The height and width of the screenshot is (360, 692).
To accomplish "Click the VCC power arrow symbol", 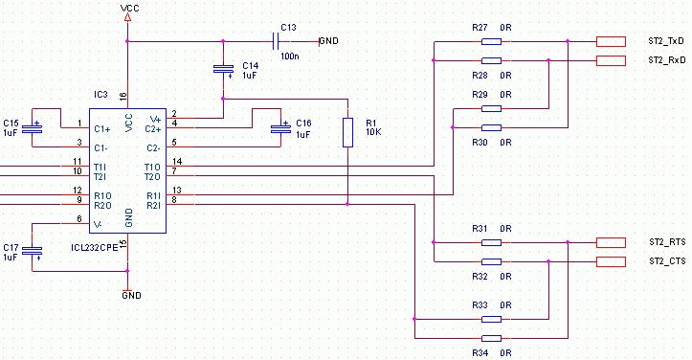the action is point(127,17).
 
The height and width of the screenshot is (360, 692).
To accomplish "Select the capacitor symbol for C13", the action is point(276,41).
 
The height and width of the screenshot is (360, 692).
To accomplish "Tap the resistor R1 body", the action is point(347,132).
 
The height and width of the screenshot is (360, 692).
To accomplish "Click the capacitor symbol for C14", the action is point(223,69).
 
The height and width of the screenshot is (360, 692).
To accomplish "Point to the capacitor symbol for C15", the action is point(33,128).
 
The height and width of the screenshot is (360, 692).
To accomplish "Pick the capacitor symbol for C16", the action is point(281,128).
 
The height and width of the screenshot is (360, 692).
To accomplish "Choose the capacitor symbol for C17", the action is point(33,252).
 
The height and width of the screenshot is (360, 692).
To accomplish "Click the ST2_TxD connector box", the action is point(611,41).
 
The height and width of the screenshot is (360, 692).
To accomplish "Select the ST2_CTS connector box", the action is point(611,261).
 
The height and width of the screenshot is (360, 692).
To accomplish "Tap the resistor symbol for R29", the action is point(491,108).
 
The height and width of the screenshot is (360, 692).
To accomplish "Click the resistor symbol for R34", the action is point(491,338).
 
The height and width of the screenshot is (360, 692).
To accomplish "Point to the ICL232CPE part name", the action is point(95,248).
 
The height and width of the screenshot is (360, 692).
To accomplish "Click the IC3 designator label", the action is point(100,95).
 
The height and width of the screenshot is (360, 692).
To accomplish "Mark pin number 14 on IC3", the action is point(177,162).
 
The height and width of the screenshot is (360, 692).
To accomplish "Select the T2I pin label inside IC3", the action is point(100,177).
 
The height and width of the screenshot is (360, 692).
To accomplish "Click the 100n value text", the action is point(289,56).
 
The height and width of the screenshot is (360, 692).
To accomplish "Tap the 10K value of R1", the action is point(374,132).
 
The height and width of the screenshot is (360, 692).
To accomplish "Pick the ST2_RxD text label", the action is point(667,60).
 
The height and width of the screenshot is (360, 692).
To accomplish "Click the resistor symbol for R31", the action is point(491,242).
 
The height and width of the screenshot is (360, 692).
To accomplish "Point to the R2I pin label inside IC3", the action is point(153,206).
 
